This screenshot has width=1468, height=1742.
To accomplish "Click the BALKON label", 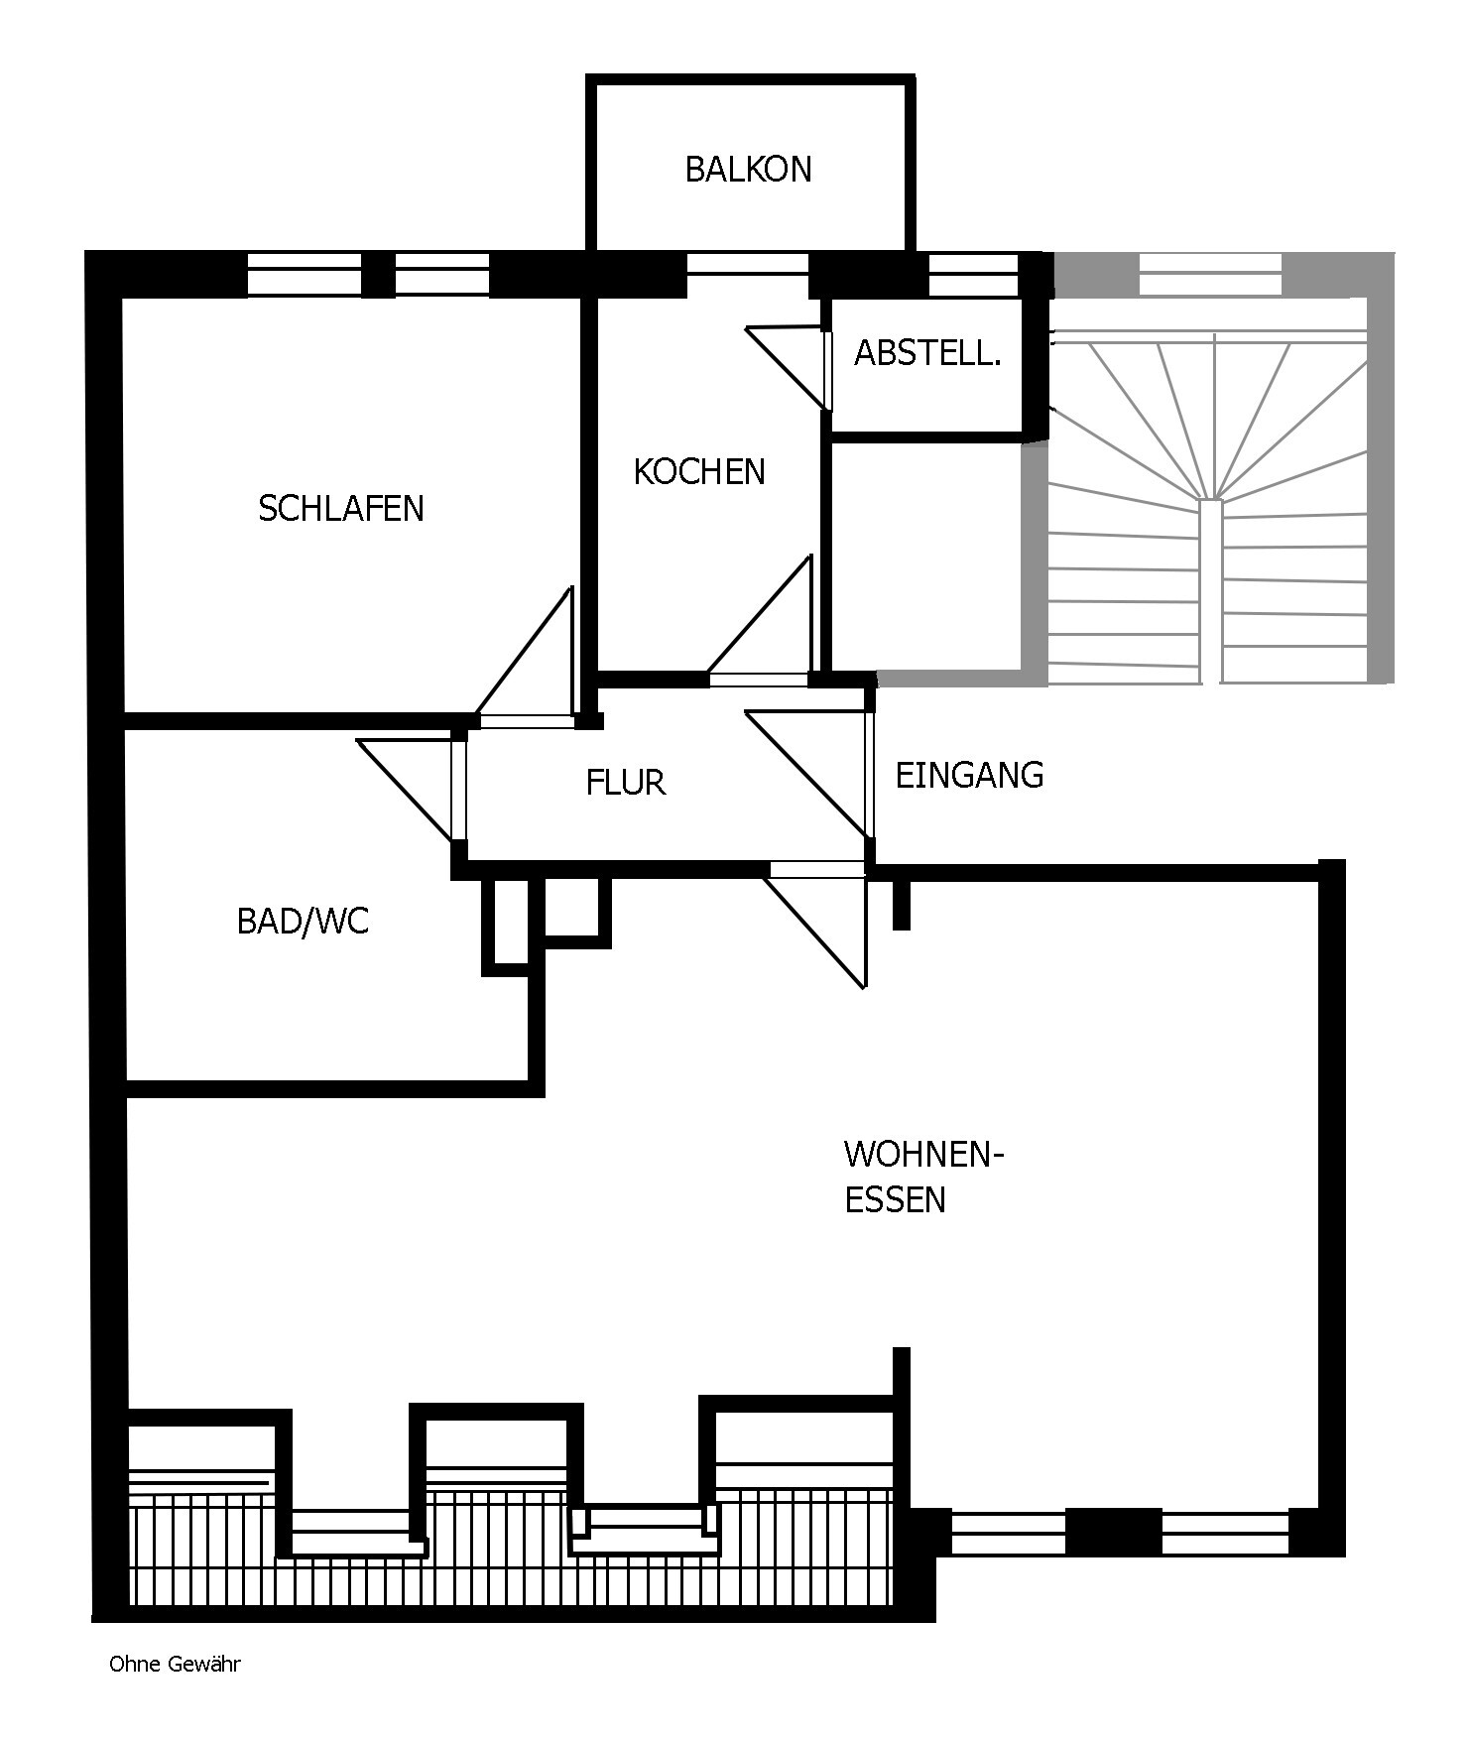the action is (748, 170).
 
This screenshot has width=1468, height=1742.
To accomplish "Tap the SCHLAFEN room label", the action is (340, 509).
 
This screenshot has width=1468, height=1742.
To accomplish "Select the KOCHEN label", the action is (699, 472).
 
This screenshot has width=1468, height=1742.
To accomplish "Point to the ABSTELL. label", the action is (927, 353).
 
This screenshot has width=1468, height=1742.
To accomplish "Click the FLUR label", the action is (625, 783).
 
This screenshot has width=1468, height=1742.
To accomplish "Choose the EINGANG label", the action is (969, 775).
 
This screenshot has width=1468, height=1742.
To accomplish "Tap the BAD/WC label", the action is (303, 922).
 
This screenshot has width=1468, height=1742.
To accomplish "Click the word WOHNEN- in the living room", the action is (924, 1155).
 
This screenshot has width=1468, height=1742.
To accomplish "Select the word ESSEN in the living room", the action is (895, 1200).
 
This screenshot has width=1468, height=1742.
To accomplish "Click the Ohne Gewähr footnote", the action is (175, 1665).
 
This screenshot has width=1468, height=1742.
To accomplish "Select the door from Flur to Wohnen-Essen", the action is (817, 924).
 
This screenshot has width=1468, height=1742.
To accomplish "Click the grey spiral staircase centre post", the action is (1210, 591).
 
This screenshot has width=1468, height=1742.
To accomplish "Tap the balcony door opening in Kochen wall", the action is (748, 264).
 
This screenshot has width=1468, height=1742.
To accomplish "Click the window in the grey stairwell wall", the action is (1210, 275).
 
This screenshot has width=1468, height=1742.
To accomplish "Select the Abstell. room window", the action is (973, 275).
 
